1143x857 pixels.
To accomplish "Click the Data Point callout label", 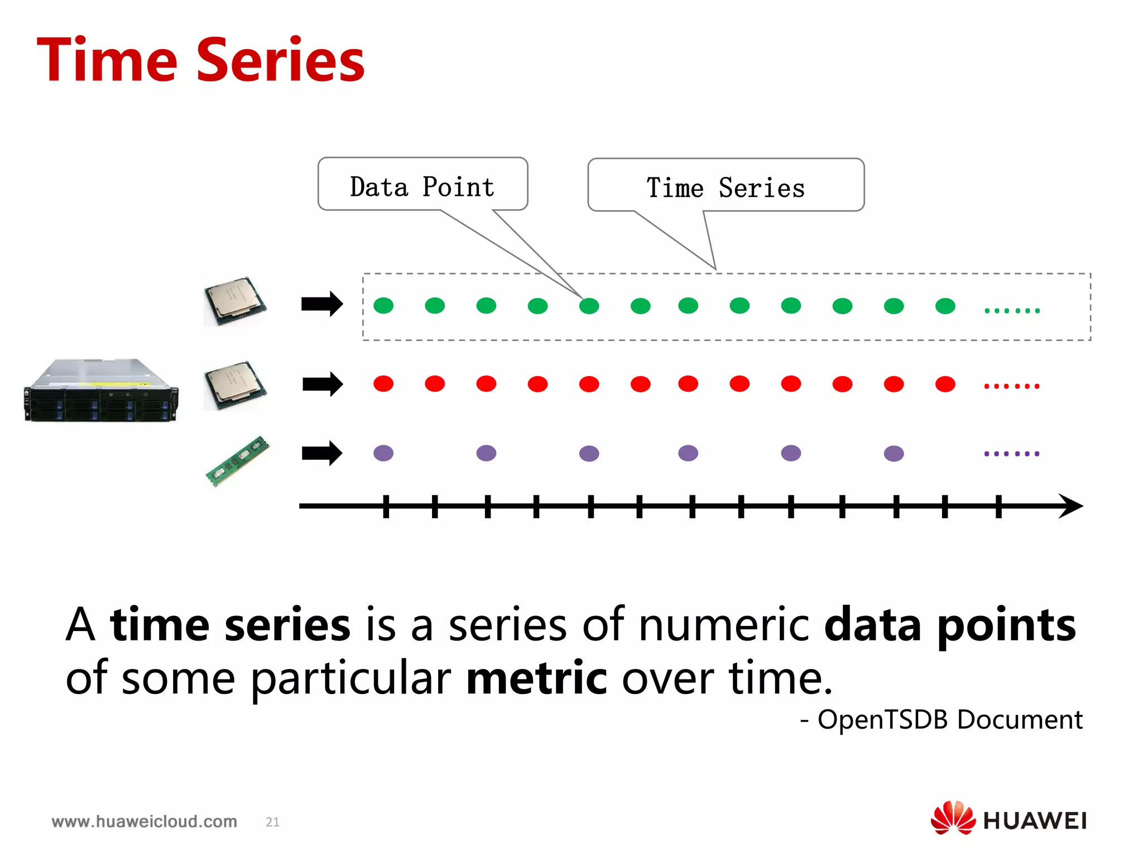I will [x=422, y=187].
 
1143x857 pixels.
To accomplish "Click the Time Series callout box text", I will [x=725, y=188].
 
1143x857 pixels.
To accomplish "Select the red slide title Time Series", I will [x=200, y=60].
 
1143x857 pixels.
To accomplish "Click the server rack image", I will [x=101, y=391].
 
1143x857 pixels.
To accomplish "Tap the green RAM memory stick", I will [x=238, y=461].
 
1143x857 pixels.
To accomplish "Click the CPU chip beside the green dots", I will [x=235, y=301].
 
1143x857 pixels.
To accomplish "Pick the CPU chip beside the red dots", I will [x=235, y=385].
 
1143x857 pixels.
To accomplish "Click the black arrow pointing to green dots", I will [x=322, y=304].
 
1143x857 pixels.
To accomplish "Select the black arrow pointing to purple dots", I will [x=322, y=453].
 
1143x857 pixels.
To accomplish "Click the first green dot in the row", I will [x=383, y=306].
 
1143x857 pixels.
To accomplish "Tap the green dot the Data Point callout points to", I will [x=589, y=306].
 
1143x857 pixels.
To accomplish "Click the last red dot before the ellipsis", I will [x=945, y=384].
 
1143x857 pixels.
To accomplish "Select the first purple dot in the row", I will [x=383, y=453].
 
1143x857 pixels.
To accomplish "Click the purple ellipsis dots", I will [x=1011, y=454].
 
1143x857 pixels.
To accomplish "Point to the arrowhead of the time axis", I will [x=1070, y=506].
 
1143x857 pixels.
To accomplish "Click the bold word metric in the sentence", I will [x=536, y=678].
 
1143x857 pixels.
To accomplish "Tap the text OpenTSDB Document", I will [x=949, y=719].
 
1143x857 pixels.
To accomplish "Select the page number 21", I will [x=272, y=822].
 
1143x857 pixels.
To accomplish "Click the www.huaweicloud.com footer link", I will [x=144, y=821].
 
